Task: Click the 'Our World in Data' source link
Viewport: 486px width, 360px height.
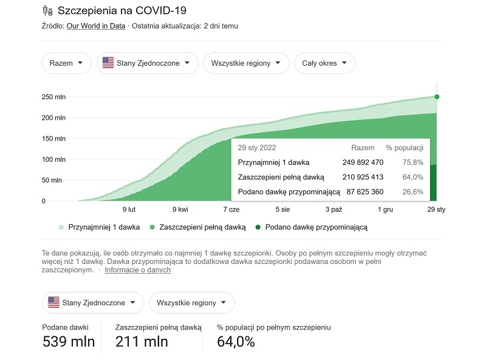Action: pyautogui.click(x=96, y=26)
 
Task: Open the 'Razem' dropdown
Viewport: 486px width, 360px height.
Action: pyautogui.click(x=66, y=63)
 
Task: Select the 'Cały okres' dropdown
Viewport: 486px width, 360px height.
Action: pyautogui.click(x=324, y=63)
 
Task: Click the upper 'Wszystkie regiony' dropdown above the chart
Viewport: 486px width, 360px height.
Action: pyautogui.click(x=245, y=63)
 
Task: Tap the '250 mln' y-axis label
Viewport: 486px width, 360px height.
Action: pyautogui.click(x=53, y=97)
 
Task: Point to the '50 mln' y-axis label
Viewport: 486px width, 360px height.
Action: pyautogui.click(x=53, y=180)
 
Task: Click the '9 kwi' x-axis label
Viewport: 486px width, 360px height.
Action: pyautogui.click(x=180, y=209)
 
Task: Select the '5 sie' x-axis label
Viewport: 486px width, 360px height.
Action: pyautogui.click(x=282, y=209)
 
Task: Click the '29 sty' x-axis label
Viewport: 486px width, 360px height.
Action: pyautogui.click(x=436, y=209)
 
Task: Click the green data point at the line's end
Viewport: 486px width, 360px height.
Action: pyautogui.click(x=437, y=97)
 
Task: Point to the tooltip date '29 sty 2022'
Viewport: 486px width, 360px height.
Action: pyautogui.click(x=258, y=148)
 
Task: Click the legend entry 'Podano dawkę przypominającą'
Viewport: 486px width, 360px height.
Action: pyautogui.click(x=311, y=227)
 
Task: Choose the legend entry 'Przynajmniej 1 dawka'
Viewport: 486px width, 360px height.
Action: pyautogui.click(x=98, y=227)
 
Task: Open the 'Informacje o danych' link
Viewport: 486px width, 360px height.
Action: pyautogui.click(x=137, y=270)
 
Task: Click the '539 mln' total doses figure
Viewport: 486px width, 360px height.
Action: pyautogui.click(x=69, y=342)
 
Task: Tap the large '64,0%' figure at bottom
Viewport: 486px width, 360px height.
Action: pyautogui.click(x=236, y=342)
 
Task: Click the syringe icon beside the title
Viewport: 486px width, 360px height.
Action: pyautogui.click(x=47, y=11)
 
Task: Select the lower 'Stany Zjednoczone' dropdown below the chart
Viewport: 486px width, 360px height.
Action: pyautogui.click(x=93, y=302)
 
